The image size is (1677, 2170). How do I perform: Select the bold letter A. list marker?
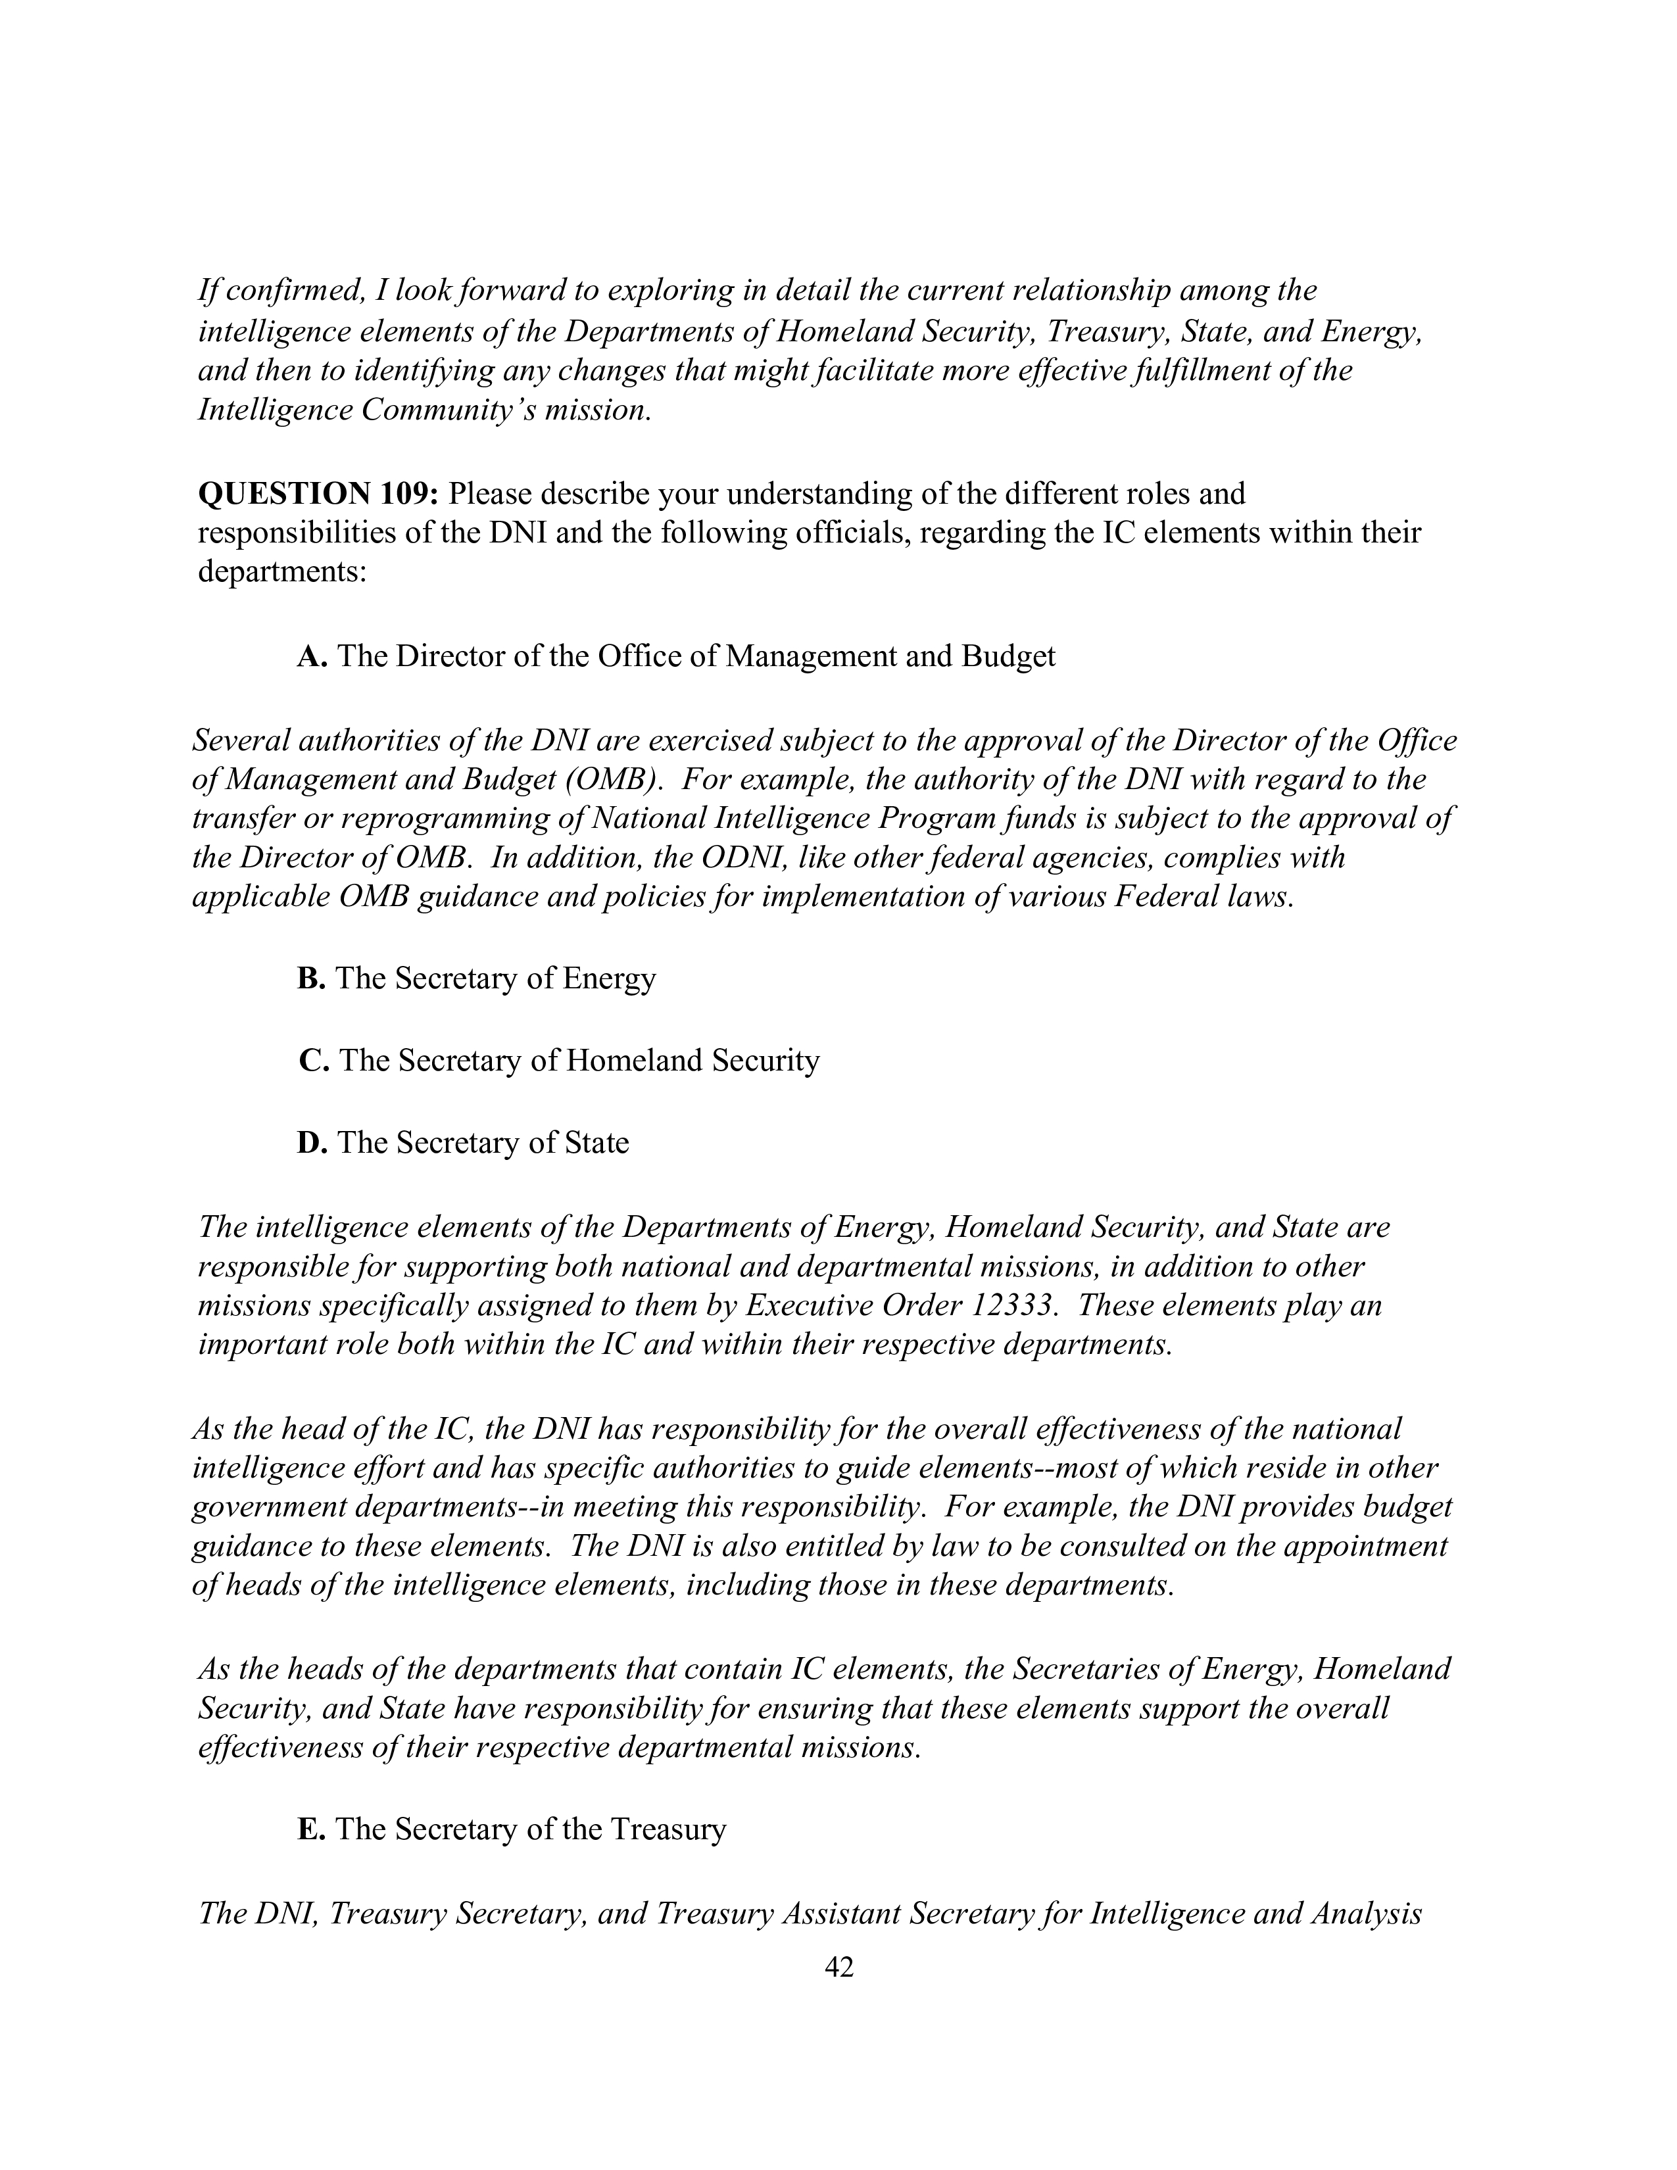[x=312, y=657]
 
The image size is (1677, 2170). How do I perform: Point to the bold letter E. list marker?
[x=311, y=1829]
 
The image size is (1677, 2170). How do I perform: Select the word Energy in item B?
[x=609, y=978]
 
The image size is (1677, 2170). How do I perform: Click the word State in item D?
[x=596, y=1143]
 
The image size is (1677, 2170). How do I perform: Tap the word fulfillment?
[x=1211, y=371]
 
